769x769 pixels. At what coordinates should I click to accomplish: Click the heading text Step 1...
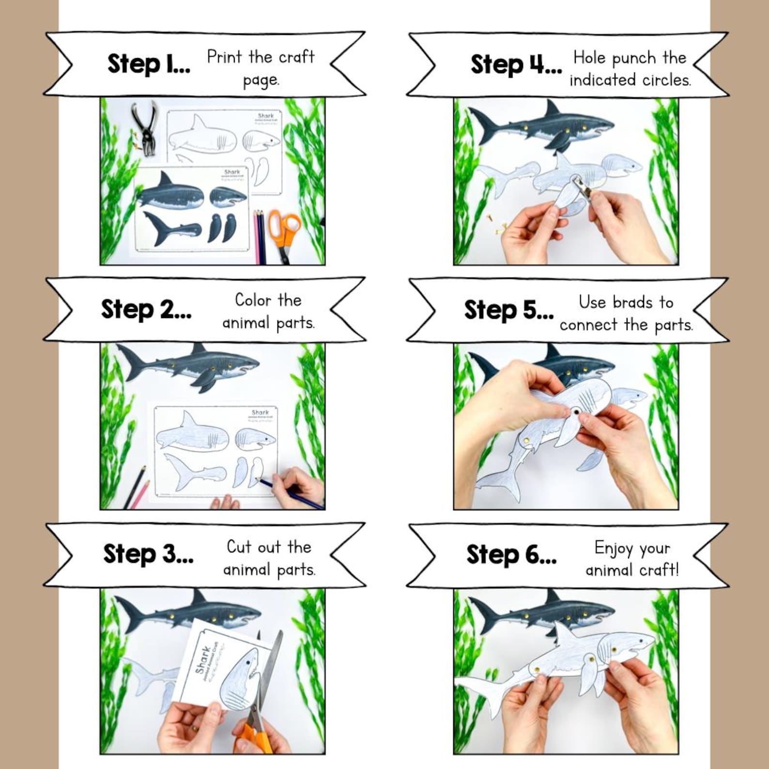148,64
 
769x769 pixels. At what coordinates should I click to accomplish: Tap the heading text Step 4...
515,64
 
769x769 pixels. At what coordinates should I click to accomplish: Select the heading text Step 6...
511,554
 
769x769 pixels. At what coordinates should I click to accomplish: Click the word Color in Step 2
252,300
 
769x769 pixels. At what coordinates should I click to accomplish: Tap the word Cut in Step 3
238,547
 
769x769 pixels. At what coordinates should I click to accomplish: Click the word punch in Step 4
633,59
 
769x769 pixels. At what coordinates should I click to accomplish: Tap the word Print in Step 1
224,57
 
